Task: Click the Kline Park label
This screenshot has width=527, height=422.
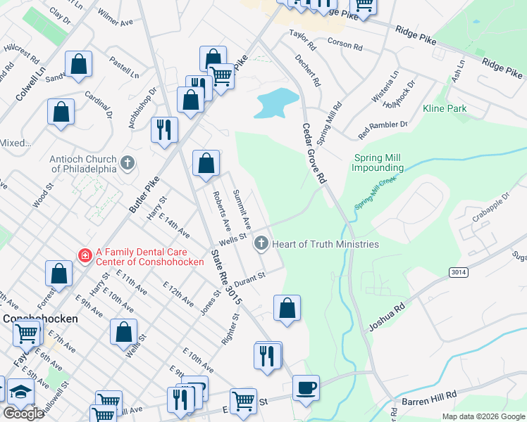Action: [x=445, y=109]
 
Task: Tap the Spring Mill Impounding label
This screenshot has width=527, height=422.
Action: [x=378, y=163]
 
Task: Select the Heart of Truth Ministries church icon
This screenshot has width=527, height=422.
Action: [x=261, y=244]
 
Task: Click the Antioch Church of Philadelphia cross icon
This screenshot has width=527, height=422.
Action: [x=127, y=163]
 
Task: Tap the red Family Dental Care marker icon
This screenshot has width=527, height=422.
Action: [x=85, y=255]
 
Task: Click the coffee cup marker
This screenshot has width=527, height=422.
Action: [x=305, y=388]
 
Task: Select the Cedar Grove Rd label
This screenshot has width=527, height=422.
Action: [x=314, y=154]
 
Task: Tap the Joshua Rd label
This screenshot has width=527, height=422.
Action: [x=387, y=316]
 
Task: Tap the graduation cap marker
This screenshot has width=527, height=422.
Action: [x=21, y=392]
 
